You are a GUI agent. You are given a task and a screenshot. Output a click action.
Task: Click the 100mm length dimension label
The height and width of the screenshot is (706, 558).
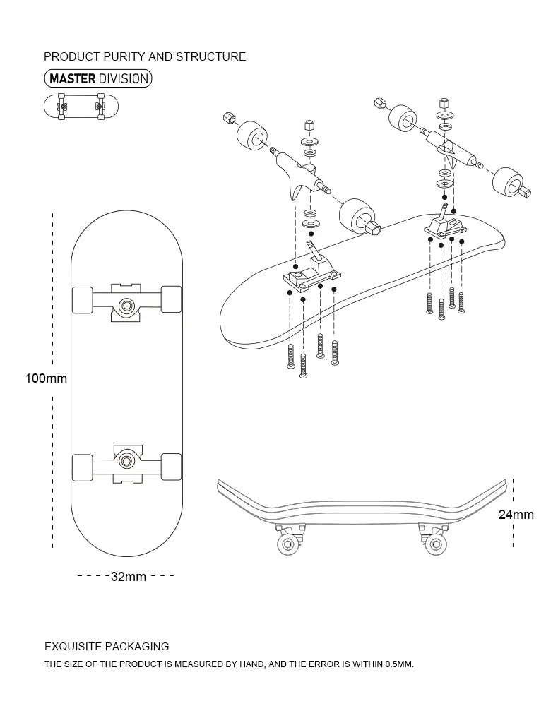click(46, 378)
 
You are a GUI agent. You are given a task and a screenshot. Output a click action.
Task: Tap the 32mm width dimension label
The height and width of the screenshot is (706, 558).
click(128, 577)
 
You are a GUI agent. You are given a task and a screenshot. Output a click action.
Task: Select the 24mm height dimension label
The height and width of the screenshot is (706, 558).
click(516, 515)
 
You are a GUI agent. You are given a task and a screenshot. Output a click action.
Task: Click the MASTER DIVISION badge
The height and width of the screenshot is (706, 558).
click(98, 78)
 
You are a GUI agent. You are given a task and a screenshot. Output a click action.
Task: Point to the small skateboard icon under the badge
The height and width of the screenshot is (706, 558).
click(81, 107)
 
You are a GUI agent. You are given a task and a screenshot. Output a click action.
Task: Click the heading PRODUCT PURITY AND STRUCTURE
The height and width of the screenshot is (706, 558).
click(145, 56)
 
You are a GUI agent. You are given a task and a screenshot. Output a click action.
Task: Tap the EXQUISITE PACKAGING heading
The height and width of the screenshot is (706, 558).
click(107, 646)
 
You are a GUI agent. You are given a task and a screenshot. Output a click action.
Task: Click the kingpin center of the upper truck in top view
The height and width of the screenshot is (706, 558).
click(127, 305)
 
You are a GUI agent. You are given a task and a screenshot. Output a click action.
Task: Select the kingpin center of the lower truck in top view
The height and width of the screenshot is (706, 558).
click(127, 460)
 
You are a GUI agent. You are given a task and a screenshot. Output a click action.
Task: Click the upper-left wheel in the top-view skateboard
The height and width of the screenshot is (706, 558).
click(83, 299)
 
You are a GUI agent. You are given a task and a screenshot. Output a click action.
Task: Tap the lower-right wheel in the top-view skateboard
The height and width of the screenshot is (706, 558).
click(172, 467)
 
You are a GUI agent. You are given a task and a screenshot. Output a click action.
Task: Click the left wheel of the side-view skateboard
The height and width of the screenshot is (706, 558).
click(288, 544)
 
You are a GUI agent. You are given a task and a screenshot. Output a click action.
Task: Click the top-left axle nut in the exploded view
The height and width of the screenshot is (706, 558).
click(229, 116)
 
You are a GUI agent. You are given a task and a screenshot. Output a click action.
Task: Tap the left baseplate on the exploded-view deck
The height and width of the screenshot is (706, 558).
click(309, 275)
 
